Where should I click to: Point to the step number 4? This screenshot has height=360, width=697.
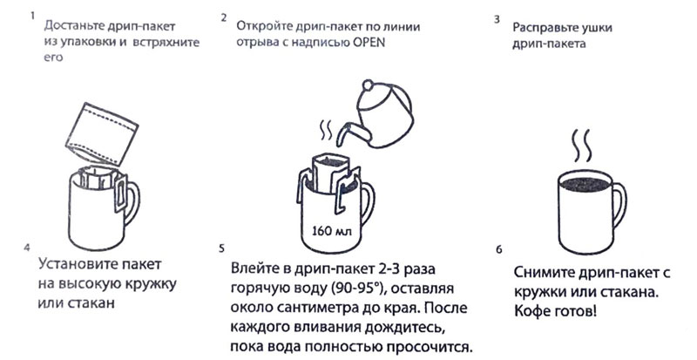click(x=30, y=248)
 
